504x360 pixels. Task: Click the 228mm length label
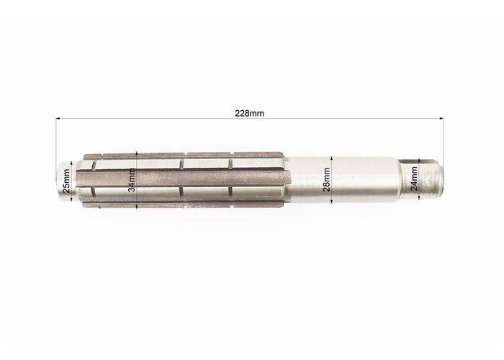249,114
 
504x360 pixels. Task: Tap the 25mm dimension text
66,181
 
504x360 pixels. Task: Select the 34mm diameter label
132,180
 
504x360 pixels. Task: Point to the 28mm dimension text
327,180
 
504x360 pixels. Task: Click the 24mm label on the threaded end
414,179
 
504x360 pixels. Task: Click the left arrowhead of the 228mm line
58,119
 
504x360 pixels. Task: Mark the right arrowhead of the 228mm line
441,119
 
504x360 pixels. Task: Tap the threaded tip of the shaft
431,179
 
